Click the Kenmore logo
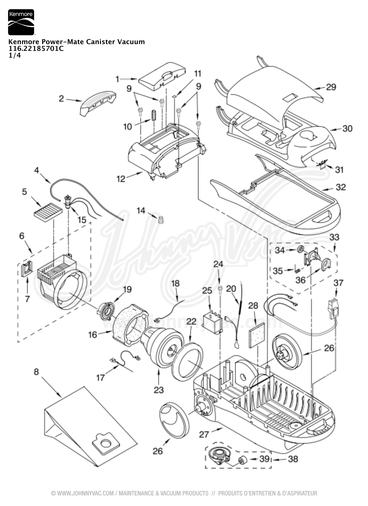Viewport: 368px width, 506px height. click(x=21, y=22)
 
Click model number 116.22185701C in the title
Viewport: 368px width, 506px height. click(x=36, y=48)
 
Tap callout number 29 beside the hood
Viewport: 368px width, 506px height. click(x=331, y=87)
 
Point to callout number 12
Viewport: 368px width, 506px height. click(x=121, y=178)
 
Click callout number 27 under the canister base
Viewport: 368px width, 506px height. click(x=204, y=434)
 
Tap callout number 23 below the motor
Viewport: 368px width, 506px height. click(x=159, y=390)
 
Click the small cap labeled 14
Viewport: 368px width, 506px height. click(x=160, y=220)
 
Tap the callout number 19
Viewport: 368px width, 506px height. click(x=127, y=289)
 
